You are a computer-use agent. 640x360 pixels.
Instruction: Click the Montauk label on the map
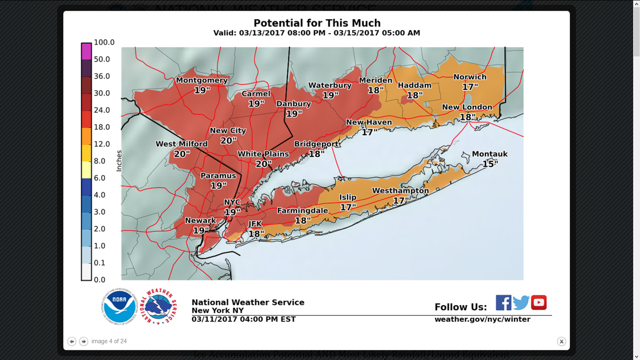(489, 154)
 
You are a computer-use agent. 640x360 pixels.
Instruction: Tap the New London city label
(467, 107)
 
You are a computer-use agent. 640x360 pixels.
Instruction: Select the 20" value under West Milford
(182, 154)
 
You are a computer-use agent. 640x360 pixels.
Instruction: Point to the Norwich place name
(470, 77)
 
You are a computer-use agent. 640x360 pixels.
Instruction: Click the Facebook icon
(503, 303)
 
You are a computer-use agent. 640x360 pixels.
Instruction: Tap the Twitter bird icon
(521, 303)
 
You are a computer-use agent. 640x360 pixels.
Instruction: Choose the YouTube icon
(539, 303)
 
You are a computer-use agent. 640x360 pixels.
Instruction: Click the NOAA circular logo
(119, 306)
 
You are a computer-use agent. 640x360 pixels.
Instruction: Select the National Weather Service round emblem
(158, 306)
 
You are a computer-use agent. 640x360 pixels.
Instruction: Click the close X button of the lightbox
(561, 341)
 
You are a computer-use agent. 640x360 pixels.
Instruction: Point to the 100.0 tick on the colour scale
(104, 43)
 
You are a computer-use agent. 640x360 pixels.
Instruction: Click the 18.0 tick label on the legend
(102, 128)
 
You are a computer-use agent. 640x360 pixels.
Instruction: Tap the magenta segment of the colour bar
(86, 51)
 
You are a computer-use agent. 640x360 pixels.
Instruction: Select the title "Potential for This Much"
(317, 23)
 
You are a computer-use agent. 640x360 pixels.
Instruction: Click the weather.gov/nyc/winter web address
(482, 319)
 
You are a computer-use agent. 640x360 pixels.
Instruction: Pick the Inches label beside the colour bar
(119, 161)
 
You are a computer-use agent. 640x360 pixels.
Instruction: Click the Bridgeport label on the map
(316, 144)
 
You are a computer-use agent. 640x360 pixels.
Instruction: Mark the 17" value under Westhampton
(400, 201)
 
